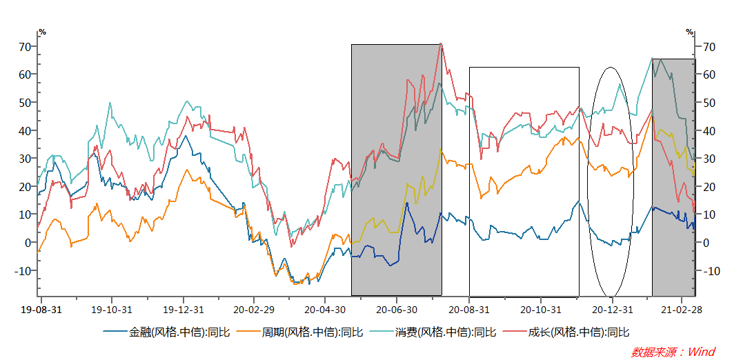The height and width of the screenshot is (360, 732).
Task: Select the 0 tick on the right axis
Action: point(702,242)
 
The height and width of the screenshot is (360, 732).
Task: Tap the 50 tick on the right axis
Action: point(705,102)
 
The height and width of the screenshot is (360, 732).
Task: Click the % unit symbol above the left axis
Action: point(42,32)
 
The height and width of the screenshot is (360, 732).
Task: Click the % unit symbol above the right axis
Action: point(690,32)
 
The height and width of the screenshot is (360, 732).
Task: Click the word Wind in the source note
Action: point(699,352)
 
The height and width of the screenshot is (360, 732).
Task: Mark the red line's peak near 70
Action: point(441,45)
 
